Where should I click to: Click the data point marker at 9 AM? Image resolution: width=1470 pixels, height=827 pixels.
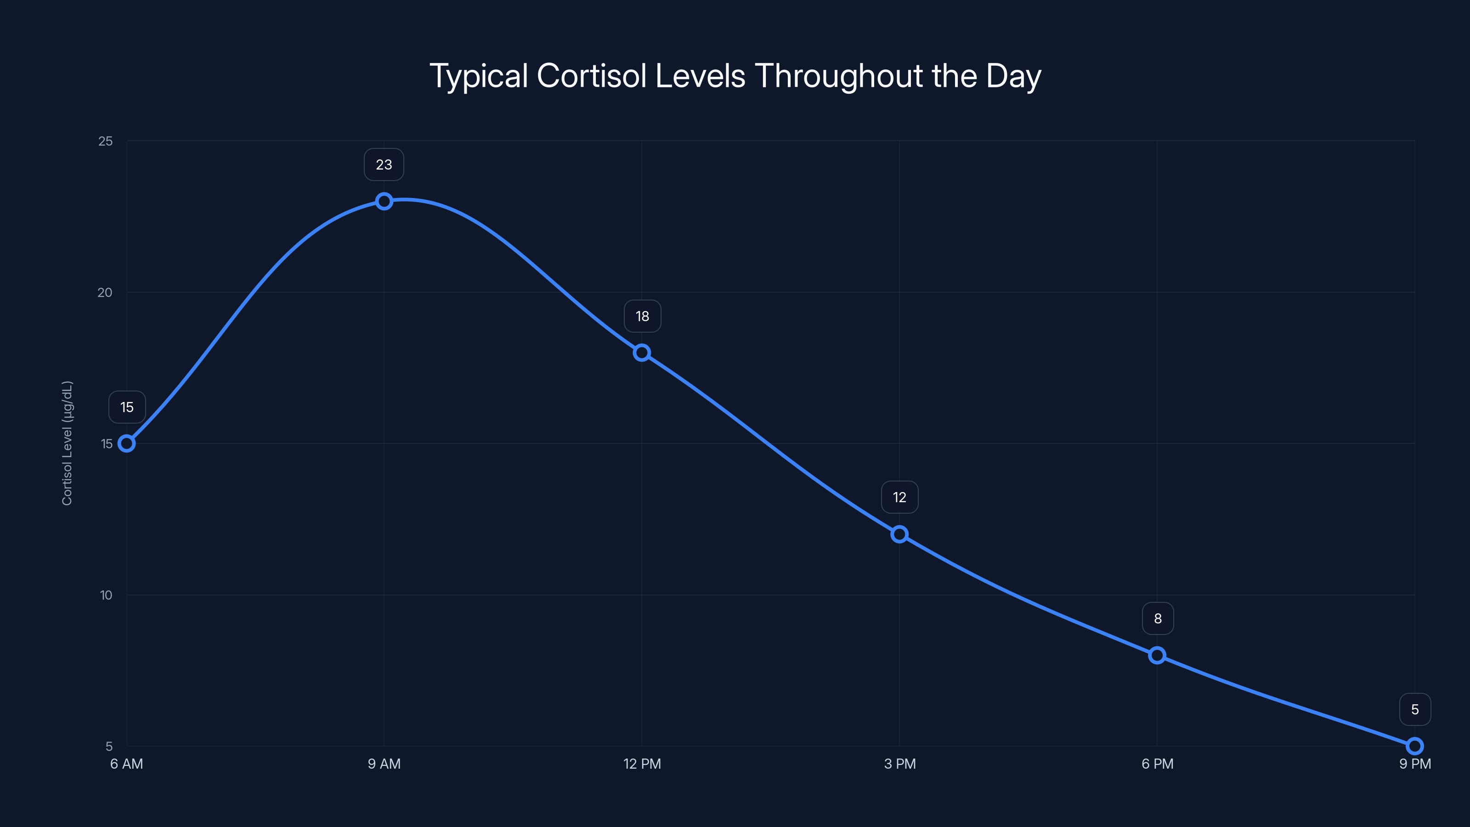coord(384,201)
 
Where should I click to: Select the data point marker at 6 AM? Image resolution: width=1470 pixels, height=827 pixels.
coord(127,443)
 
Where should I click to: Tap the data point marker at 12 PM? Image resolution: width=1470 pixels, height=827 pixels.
coord(642,353)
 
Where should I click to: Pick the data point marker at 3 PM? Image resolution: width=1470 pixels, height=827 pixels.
coord(899,534)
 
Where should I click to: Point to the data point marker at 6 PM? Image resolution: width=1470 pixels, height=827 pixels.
coord(1157,655)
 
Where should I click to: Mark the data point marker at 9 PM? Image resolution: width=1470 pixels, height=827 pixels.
coord(1415,746)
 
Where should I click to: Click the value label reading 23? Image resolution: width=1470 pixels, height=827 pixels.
coord(384,165)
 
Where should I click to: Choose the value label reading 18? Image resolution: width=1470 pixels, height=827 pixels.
coord(642,316)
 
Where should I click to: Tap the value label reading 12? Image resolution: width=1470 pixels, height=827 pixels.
coord(899,498)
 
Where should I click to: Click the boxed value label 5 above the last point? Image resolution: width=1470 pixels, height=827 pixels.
coord(1415,709)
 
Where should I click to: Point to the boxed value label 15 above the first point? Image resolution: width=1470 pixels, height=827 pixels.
coord(127,408)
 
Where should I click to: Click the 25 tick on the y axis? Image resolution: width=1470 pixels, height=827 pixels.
coord(106,141)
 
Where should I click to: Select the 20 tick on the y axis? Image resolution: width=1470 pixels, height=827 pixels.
coord(105,292)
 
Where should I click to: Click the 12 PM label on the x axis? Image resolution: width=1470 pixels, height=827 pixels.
coord(642,764)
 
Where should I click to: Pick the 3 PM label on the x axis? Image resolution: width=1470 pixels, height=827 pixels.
coord(899,764)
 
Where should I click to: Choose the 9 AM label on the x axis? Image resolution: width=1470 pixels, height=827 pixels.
coord(384,764)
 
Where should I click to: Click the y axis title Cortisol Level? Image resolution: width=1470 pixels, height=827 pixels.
coord(68,443)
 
